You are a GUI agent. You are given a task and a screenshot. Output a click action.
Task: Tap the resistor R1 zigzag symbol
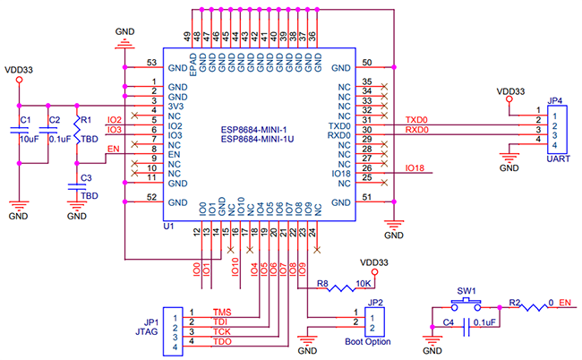click(x=77, y=132)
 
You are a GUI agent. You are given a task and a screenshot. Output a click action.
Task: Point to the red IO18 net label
click(x=415, y=168)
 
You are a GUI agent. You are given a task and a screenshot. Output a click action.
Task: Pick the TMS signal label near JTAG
click(x=221, y=313)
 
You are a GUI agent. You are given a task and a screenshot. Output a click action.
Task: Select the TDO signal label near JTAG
click(x=221, y=344)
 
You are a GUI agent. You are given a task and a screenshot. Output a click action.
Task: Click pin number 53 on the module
click(x=152, y=63)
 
